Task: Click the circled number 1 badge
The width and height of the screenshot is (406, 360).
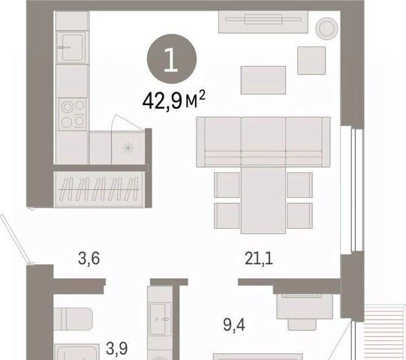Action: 172,59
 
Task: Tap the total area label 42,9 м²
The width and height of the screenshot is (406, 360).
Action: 174,100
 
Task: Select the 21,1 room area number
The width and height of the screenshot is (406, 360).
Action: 259,259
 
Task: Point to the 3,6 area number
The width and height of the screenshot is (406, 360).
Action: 89,259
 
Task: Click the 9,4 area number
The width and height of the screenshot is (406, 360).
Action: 234,325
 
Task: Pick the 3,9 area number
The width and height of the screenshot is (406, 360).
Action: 117,348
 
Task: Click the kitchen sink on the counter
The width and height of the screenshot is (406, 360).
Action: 73,47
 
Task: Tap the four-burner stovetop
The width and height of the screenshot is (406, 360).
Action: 72,114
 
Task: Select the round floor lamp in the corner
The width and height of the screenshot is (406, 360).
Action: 326,28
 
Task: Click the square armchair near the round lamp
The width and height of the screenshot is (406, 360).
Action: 311,61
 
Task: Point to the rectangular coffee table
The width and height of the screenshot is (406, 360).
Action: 263,80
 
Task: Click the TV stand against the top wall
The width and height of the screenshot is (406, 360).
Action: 263,22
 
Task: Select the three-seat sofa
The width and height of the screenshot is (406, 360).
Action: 263,142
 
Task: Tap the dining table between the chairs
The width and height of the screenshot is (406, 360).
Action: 263,200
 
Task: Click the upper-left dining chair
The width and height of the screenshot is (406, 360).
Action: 227,185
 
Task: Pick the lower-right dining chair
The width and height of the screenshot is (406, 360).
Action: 299,216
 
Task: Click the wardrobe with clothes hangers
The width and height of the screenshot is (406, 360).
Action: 99,190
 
